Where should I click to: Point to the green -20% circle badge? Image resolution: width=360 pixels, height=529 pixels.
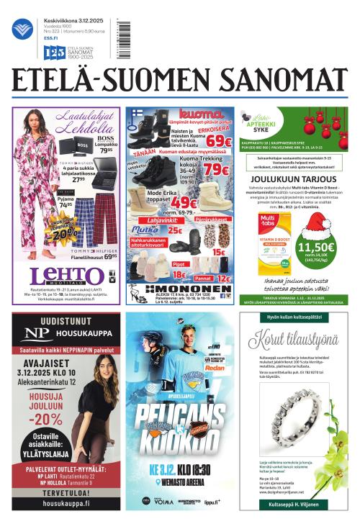coord(62,230)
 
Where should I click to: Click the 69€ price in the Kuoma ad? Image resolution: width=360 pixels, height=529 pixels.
coord(217,142)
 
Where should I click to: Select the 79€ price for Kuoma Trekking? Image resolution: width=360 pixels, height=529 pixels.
coord(215,171)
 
